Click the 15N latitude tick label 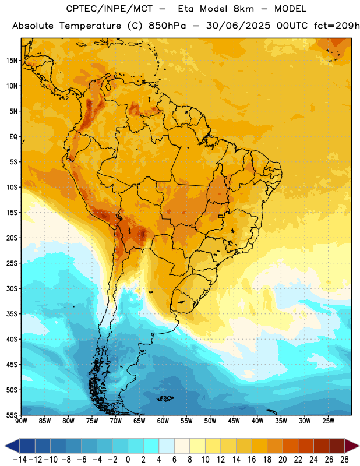pyautogui.click(x=12, y=61)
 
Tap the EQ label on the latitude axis pyautogui.click(x=13, y=137)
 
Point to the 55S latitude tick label pyautogui.click(x=12, y=415)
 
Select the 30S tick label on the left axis pyautogui.click(x=12, y=288)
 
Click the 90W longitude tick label pyautogui.click(x=21, y=421)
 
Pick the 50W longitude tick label pyautogui.click(x=210, y=421)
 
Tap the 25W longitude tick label pyautogui.click(x=328, y=421)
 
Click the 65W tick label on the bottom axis pyautogui.click(x=139, y=421)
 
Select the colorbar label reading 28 pyautogui.click(x=344, y=460)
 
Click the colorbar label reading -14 pyautogui.click(x=20, y=460)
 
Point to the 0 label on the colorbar pyautogui.click(x=128, y=460)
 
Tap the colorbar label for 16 pyautogui.click(x=252, y=460)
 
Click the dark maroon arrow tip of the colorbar pyautogui.click(x=352, y=446)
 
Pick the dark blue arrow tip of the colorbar pyautogui.click(x=12, y=446)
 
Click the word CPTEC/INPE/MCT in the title pyautogui.click(x=110, y=9)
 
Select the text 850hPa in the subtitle pyautogui.click(x=167, y=26)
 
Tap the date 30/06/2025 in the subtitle pyautogui.click(x=238, y=26)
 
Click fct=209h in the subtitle pyautogui.click(x=337, y=26)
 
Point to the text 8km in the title pyautogui.click(x=243, y=9)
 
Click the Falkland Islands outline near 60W pyautogui.click(x=165, y=398)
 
